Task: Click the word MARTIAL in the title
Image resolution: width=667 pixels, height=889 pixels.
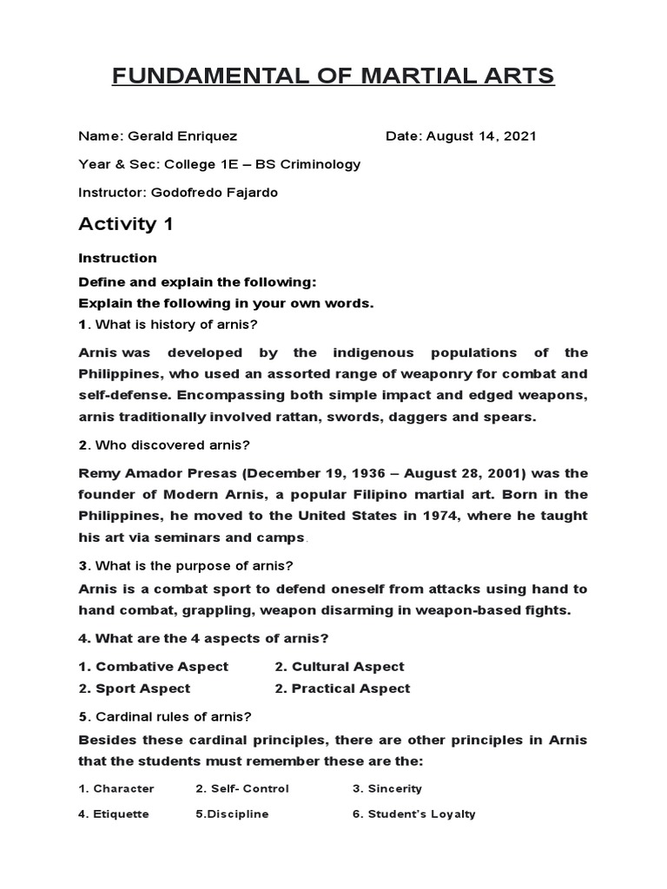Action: coord(408,76)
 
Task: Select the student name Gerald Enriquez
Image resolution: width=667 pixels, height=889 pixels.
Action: coord(182,136)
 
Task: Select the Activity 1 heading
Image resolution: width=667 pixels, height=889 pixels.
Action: coord(126,224)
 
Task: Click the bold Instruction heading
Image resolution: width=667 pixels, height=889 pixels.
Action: coord(117,258)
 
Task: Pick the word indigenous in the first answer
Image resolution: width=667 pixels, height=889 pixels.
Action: coord(376,352)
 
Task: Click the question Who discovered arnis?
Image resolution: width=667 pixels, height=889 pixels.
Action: coord(172,445)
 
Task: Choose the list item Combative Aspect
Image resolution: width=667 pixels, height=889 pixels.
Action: coord(162,667)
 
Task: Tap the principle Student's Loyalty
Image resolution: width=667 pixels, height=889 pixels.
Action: coord(421,814)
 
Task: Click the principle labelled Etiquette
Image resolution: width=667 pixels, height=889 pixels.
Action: coord(121,814)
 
